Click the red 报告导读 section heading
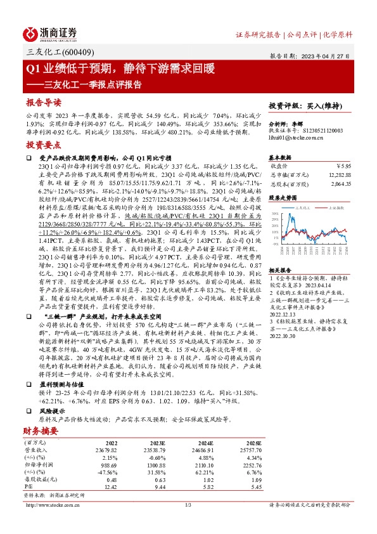coord(44,102)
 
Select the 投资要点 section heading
coord(44,145)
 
